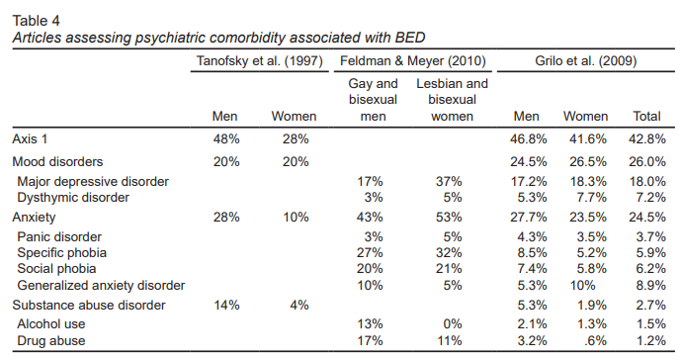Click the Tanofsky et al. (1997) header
pos(259,60)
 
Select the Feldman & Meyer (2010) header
pos(412,60)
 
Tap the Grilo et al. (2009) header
pos(585,60)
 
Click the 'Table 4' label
pos(36,21)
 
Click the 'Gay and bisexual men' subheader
pos(373,100)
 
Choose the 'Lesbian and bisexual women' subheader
pos(452,100)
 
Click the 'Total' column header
pos(646,117)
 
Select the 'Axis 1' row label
pos(30,138)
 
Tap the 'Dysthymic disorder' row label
pos(73,198)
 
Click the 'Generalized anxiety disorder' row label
pos(101,286)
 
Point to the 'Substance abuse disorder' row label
pos(89,305)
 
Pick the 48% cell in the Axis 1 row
pos(226,138)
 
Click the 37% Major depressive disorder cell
pos(449,181)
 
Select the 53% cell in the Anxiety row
pos(449,217)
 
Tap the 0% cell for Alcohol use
pos(453,324)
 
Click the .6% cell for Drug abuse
pos(595,340)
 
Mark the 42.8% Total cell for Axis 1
pos(647,138)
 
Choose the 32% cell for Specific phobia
pos(449,252)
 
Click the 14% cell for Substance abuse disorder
pos(226,305)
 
